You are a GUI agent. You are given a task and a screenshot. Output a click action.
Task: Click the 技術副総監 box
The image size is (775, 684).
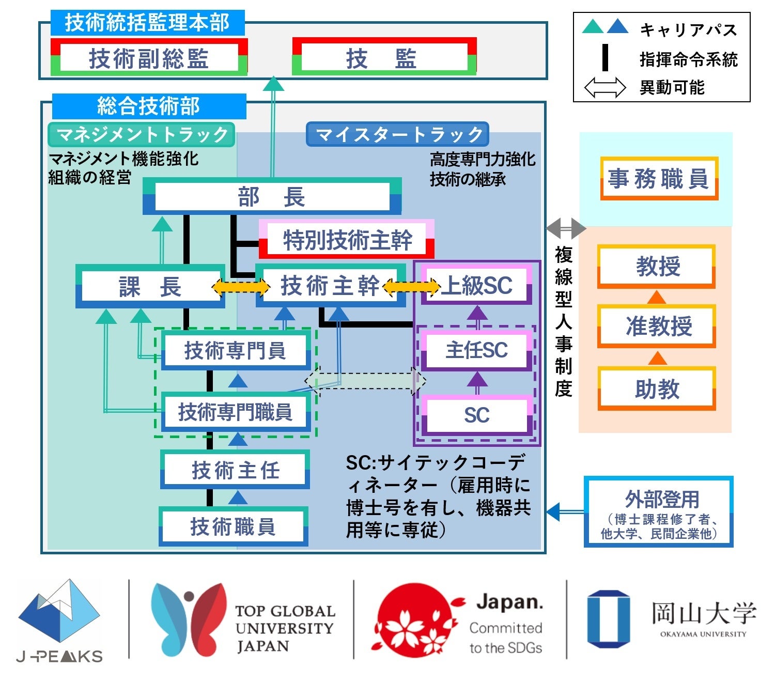click(x=149, y=57)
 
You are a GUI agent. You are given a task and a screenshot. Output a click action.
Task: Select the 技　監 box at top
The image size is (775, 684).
click(x=384, y=57)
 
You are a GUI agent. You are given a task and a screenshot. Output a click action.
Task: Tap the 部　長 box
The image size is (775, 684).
click(x=272, y=197)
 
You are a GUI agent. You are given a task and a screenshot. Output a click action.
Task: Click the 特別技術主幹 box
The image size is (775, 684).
click(x=346, y=240)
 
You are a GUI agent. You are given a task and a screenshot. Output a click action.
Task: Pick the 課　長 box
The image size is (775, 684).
click(x=150, y=286)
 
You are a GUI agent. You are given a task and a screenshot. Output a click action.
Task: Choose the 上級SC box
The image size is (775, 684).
click(x=476, y=285)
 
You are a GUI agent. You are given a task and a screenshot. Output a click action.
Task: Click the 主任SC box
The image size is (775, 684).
click(x=476, y=350)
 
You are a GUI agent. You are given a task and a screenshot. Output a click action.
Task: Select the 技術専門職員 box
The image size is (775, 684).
click(x=236, y=412)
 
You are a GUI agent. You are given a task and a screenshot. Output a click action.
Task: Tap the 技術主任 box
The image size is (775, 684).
click(x=235, y=470)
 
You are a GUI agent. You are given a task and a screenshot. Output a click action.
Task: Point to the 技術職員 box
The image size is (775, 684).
click(x=233, y=527)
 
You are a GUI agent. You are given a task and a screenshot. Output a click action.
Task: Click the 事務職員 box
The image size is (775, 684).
click(x=659, y=179)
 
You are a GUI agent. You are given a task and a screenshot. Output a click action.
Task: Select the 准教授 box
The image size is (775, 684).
click(x=657, y=326)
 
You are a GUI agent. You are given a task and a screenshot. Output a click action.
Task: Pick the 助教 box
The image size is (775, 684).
click(x=657, y=388)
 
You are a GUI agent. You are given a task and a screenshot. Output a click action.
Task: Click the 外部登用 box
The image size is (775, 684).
click(x=659, y=511)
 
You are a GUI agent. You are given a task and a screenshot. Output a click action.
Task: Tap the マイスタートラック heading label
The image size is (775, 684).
click(x=398, y=134)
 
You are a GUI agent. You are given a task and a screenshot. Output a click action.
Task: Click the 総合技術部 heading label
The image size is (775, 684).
click(x=149, y=106)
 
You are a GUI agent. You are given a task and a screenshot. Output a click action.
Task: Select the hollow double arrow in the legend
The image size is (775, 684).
click(x=605, y=87)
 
